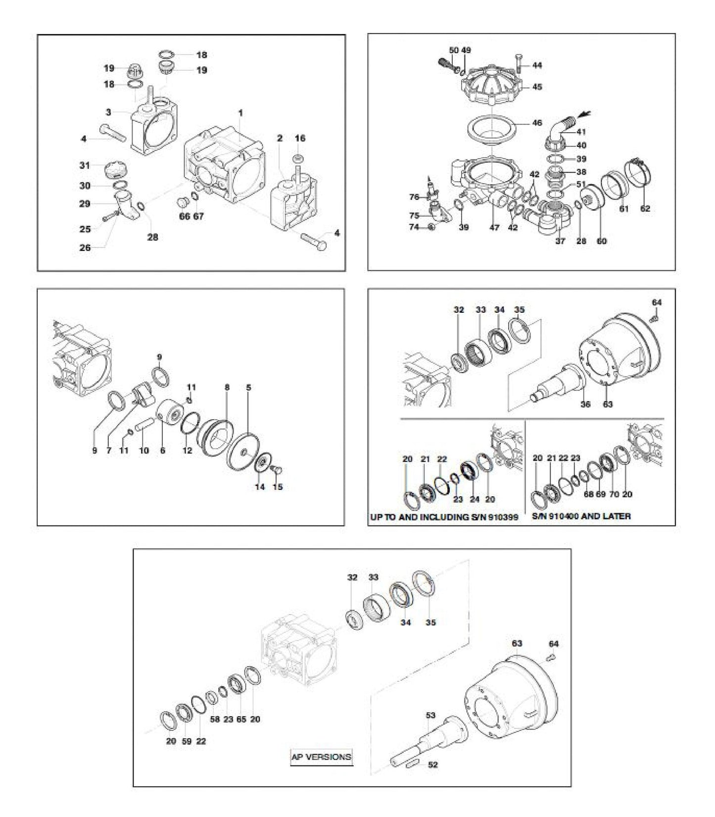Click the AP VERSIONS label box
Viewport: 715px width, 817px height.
click(x=322, y=757)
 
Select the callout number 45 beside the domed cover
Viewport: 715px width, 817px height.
click(x=537, y=87)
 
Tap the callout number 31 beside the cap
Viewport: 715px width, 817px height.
click(x=85, y=166)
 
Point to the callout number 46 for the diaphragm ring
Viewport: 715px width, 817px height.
click(x=537, y=123)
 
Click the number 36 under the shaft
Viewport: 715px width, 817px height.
click(x=585, y=404)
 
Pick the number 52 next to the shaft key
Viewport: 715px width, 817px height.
click(x=432, y=765)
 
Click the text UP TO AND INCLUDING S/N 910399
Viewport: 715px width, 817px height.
click(x=444, y=517)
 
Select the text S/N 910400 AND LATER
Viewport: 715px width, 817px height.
click(x=581, y=516)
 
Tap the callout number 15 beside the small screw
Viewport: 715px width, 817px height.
click(x=278, y=487)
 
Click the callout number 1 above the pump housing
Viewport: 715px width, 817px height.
click(x=240, y=113)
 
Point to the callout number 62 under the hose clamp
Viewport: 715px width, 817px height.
click(x=645, y=209)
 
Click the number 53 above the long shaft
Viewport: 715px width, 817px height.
click(x=430, y=715)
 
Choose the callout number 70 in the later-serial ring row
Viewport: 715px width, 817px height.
click(x=614, y=494)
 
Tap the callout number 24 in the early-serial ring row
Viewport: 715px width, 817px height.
click(x=475, y=499)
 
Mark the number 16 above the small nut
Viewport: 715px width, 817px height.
click(x=300, y=139)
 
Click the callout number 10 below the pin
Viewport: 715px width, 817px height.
click(x=143, y=451)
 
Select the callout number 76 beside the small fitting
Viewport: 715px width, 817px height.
click(x=414, y=197)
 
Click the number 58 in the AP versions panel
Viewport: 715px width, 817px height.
click(x=214, y=720)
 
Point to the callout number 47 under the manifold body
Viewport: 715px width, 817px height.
click(x=494, y=228)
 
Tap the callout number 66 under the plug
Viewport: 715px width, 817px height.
click(x=184, y=217)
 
